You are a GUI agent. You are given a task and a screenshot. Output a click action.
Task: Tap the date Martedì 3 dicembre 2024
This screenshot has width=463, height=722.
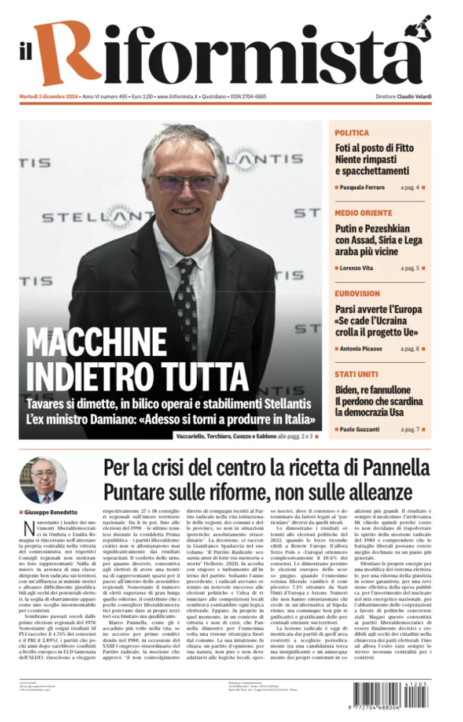(x=49, y=97)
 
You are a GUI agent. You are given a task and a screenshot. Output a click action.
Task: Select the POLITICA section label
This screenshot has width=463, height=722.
(x=351, y=133)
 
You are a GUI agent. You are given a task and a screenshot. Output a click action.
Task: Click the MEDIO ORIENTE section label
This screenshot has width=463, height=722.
(x=363, y=213)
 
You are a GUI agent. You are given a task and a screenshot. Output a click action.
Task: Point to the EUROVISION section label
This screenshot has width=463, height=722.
(x=357, y=293)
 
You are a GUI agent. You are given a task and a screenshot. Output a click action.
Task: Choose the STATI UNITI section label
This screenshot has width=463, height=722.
(x=356, y=374)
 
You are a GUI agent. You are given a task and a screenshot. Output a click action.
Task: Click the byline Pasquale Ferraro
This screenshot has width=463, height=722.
(x=361, y=187)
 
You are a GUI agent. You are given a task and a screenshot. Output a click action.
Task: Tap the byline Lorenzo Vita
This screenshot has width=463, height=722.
(x=357, y=268)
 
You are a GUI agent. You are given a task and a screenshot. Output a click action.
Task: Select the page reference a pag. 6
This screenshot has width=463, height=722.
(x=410, y=348)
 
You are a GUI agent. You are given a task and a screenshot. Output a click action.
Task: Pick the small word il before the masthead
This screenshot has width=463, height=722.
(x=25, y=54)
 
